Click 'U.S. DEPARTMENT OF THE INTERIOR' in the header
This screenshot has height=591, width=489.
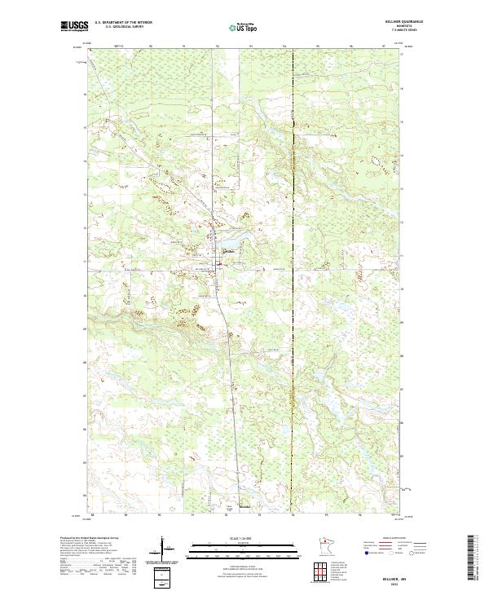pos(123,23)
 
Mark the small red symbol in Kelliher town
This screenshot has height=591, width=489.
pos(218,262)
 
